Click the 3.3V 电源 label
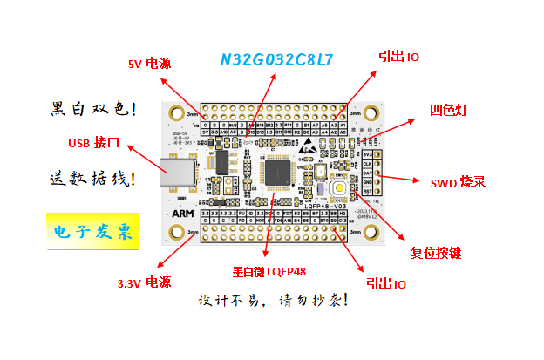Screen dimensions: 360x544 pos(144,282)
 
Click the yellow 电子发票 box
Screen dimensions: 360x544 pos(92,232)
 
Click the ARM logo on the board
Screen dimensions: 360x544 pos(184,213)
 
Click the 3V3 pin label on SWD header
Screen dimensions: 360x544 pos(367,154)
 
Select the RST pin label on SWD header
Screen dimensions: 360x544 pos(367,190)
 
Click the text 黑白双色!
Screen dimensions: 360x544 pos(92,109)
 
